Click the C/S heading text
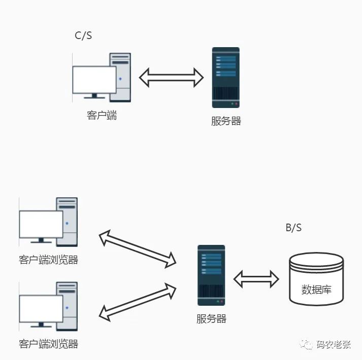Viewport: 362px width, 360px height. tap(83, 35)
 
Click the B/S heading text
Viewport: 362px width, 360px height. tap(293, 228)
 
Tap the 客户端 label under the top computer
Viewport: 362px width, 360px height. tap(102, 115)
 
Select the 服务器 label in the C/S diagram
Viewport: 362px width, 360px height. tap(226, 121)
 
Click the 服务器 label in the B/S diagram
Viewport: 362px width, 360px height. tap(211, 319)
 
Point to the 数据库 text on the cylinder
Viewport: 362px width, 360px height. tap(316, 290)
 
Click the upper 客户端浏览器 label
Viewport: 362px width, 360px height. tap(49, 260)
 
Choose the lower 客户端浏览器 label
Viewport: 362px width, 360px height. tap(49, 344)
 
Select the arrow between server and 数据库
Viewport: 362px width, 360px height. tap(256, 278)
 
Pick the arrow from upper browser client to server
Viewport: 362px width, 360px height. tap(137, 248)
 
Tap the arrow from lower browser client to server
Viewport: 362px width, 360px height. tap(137, 302)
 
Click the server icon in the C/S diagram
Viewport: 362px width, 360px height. tap(225, 77)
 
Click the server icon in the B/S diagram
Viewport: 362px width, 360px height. tap(211, 275)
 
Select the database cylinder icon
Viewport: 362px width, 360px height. tap(316, 279)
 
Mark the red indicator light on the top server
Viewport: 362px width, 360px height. tap(236, 104)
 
